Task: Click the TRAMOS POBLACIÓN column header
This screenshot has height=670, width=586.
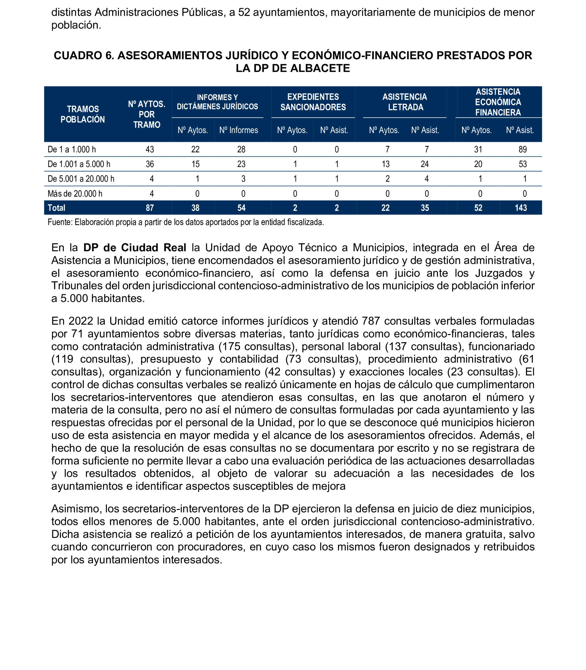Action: pyautogui.click(x=82, y=114)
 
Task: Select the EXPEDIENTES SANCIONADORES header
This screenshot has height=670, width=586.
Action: pyautogui.click(x=313, y=102)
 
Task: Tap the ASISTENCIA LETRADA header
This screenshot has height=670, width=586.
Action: pyautogui.click(x=405, y=102)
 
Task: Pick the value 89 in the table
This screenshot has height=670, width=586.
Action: pyautogui.click(x=523, y=149)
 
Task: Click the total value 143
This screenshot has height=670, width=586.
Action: pyautogui.click(x=521, y=208)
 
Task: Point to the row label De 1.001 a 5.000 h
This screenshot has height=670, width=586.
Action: pyautogui.click(x=79, y=164)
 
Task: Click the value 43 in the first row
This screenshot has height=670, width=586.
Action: pyautogui.click(x=150, y=149)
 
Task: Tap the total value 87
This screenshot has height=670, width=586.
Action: pyautogui.click(x=150, y=208)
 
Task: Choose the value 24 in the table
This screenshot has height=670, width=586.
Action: pyautogui.click(x=424, y=164)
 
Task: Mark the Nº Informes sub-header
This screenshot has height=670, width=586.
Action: pyautogui.click(x=239, y=130)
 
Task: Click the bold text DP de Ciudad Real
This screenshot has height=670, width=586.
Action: pyautogui.click(x=135, y=247)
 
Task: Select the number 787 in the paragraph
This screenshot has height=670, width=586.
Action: pyautogui.click(x=371, y=321)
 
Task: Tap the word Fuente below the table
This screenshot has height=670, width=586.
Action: pyautogui.click(x=60, y=222)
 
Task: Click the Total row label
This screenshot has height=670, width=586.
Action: pyautogui.click(x=56, y=208)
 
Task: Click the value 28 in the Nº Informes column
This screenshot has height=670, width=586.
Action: pyautogui.click(x=241, y=149)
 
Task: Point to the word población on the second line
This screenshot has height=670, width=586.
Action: pyautogui.click(x=76, y=25)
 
